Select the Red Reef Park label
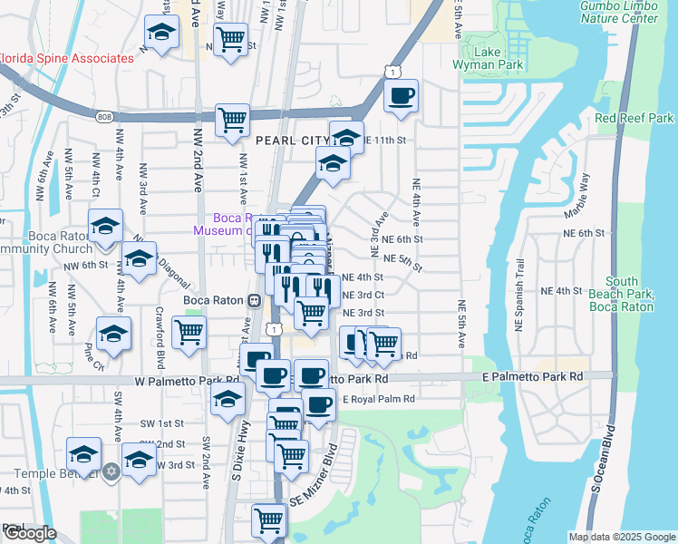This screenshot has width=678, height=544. click(634, 119)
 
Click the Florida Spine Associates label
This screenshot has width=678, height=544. click(67, 58)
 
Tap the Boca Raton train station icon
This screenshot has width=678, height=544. click(255, 300)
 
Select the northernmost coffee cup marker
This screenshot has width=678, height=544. click(401, 95)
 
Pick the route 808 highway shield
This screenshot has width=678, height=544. click(102, 116)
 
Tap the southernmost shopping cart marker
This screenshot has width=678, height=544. click(269, 520)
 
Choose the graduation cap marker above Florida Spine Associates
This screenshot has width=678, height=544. click(161, 33)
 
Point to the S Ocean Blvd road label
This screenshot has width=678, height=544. click(610, 460)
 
